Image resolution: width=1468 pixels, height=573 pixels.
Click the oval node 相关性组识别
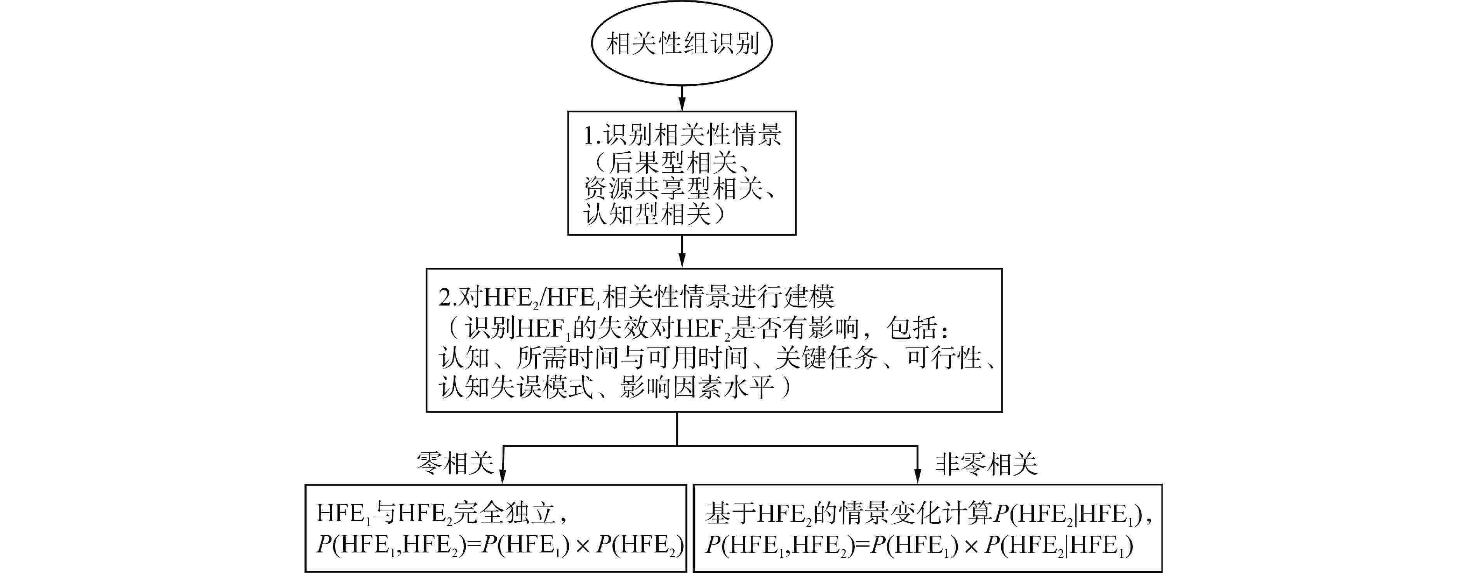tap(682, 44)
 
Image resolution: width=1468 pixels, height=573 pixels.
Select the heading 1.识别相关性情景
tap(682, 135)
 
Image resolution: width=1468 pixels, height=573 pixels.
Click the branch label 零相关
tap(455, 464)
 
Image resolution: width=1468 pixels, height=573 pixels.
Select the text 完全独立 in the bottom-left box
tap(504, 513)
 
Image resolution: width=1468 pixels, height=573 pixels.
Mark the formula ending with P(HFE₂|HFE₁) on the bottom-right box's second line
tap(918, 545)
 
